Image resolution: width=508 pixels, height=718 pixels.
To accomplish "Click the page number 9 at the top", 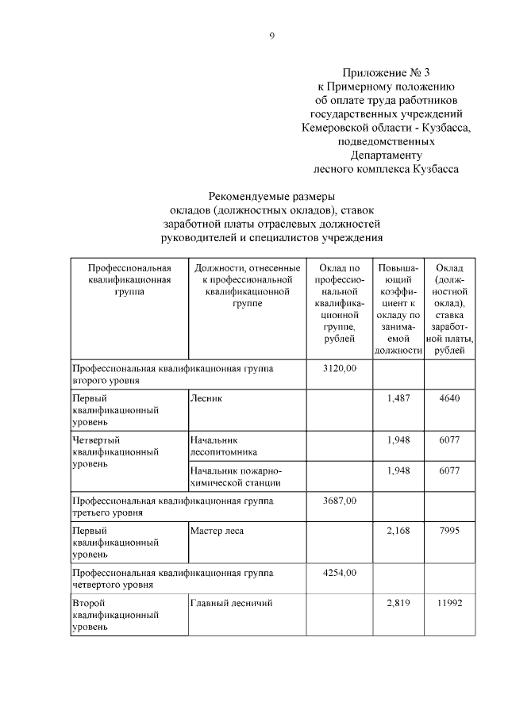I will tap(271, 36).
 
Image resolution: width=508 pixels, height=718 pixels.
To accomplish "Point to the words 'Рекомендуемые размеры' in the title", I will tap(271, 195).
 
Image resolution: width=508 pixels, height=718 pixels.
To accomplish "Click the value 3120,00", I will tap(341, 368).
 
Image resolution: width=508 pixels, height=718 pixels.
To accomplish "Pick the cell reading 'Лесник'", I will tap(206, 398).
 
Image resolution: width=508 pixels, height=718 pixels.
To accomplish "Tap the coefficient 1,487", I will tap(398, 398).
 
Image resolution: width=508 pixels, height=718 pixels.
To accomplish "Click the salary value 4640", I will tap(449, 398).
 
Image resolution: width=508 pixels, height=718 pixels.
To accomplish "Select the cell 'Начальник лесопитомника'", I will tap(219, 445).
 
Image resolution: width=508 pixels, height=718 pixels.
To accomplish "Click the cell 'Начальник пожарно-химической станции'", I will tap(236, 476).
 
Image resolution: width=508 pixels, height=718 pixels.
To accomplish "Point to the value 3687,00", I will tap(341, 500).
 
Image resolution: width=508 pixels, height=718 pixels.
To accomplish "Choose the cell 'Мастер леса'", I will tap(217, 530).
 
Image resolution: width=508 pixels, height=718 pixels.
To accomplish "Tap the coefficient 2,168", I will tap(398, 530).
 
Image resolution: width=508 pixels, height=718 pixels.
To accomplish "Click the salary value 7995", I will tap(449, 530).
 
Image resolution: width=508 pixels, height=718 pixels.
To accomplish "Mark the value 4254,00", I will tap(341, 572).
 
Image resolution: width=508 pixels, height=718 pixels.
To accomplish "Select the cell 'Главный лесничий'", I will tap(231, 603).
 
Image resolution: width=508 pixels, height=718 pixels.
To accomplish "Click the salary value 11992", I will tap(449, 603).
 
